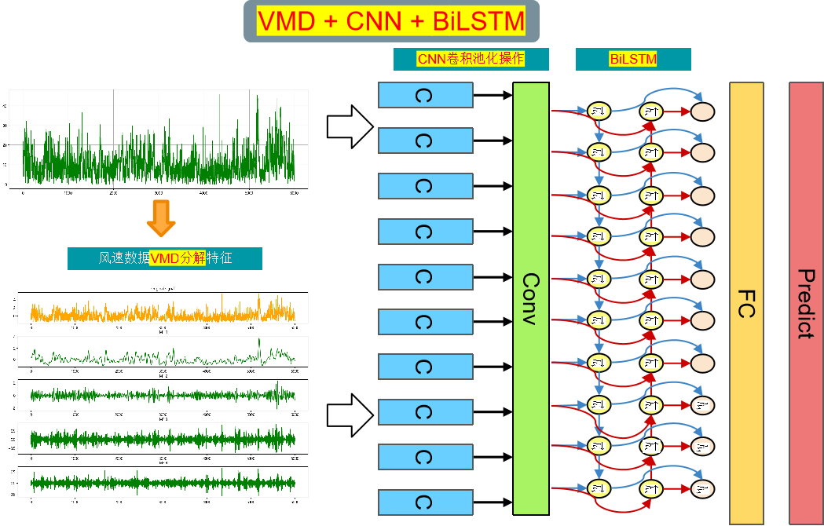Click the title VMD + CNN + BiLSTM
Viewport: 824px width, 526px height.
[x=391, y=22]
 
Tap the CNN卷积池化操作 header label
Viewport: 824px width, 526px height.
[x=471, y=59]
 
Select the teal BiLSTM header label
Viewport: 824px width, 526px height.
[x=633, y=59]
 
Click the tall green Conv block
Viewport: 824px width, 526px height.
[x=530, y=298]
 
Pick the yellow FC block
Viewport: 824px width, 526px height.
[x=746, y=302]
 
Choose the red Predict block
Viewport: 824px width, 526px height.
[x=806, y=302]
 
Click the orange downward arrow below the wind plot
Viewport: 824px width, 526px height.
[x=161, y=218]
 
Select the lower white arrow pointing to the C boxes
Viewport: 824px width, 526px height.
[x=350, y=414]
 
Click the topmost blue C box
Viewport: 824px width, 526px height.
[x=425, y=96]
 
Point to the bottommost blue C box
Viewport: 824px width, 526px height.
[x=425, y=502]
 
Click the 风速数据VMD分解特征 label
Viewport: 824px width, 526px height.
[x=165, y=258]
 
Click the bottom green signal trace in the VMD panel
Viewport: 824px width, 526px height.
[x=162, y=481]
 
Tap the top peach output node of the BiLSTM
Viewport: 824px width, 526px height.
[x=702, y=111]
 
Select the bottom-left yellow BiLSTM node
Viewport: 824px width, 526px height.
[x=599, y=489]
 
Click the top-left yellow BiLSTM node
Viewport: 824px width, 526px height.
[x=599, y=111]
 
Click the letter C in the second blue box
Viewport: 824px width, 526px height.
[x=424, y=141]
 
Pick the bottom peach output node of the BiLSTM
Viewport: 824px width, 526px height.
[x=702, y=489]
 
